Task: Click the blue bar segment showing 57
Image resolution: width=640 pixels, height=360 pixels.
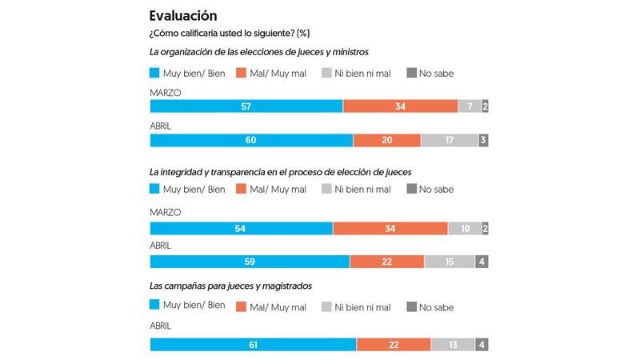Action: [246, 106]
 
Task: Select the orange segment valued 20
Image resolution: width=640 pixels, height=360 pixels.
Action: [386, 141]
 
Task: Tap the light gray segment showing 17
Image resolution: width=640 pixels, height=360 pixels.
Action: [449, 141]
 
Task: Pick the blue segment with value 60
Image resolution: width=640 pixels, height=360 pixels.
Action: [251, 141]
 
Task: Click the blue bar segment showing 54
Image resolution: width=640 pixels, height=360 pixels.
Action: [242, 228]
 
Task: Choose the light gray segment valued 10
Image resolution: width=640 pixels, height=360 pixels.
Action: [464, 228]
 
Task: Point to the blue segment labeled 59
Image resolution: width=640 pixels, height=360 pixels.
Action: [250, 262]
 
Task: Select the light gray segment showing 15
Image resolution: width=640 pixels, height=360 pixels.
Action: [450, 262]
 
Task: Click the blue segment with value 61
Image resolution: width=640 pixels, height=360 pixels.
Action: [254, 345]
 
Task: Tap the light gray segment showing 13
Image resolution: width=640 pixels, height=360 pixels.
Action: [453, 345]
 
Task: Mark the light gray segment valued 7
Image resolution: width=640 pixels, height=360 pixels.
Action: [469, 106]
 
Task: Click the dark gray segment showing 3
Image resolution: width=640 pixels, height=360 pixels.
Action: [483, 141]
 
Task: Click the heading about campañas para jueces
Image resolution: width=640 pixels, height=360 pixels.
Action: [231, 286]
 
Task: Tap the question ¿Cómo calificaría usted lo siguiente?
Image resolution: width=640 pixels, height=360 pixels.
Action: [230, 34]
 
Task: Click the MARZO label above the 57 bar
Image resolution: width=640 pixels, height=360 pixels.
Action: [166, 93]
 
